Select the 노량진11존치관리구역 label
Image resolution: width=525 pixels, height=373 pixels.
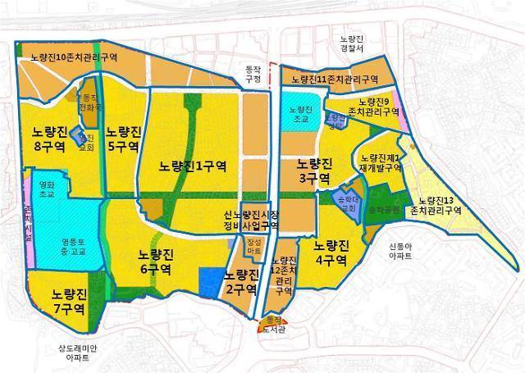point(335,80)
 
